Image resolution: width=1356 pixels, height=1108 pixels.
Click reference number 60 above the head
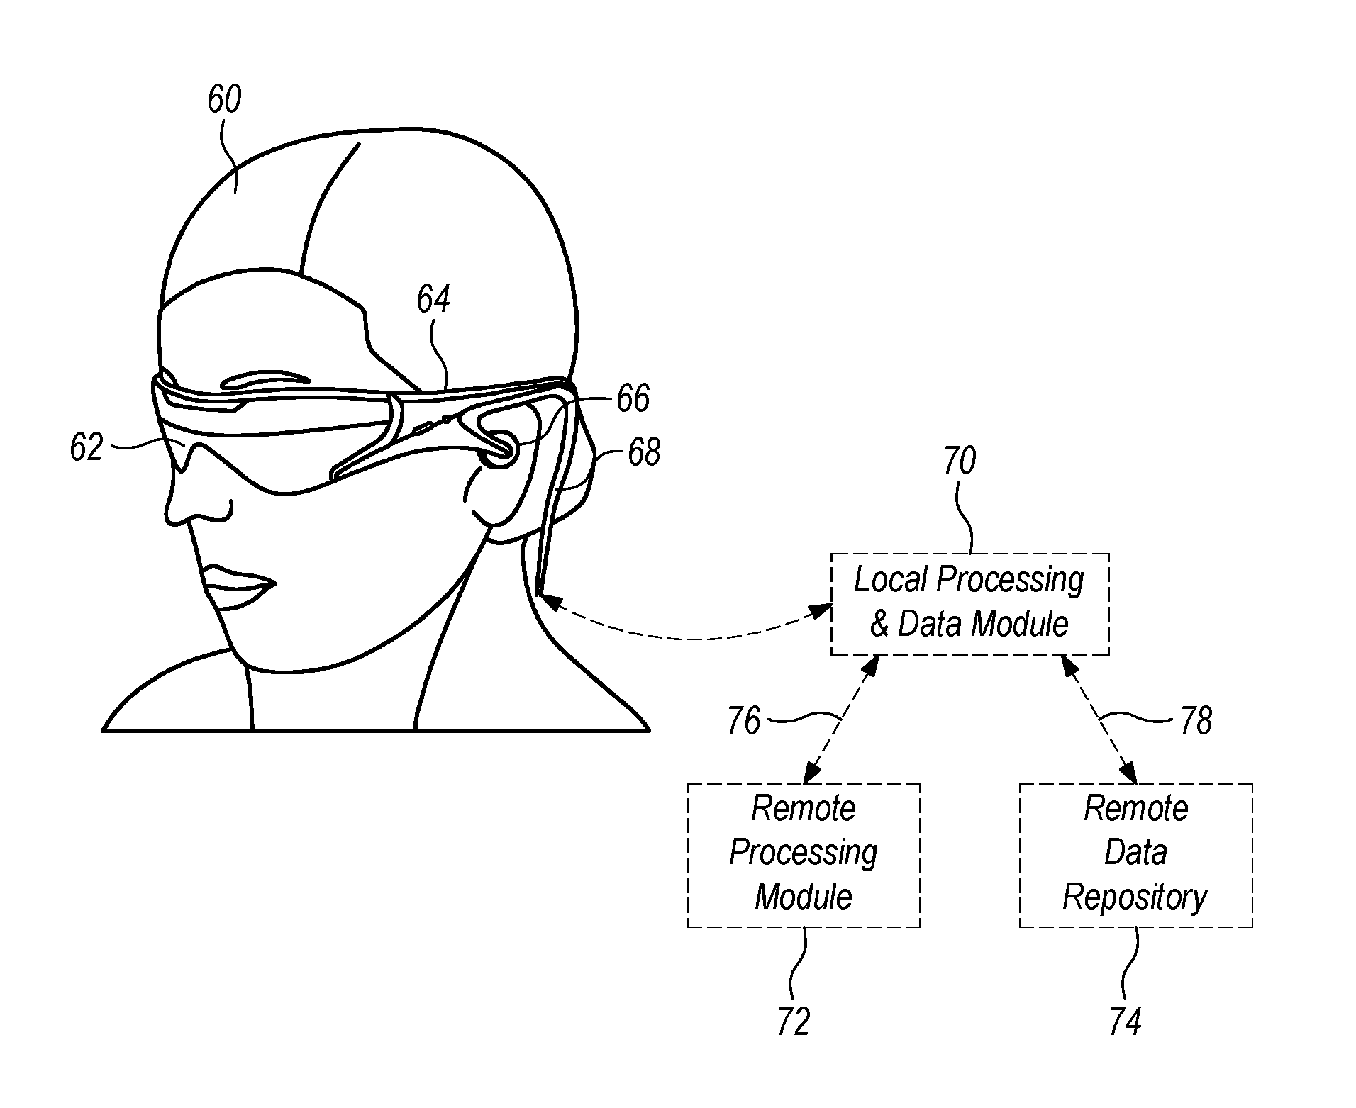(224, 100)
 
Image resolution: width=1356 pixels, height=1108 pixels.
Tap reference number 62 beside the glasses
(87, 448)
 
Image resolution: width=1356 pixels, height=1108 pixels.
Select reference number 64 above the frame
(433, 299)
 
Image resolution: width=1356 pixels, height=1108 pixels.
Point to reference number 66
(633, 398)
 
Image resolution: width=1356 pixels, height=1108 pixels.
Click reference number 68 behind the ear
(644, 452)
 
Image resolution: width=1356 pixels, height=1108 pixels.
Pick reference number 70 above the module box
(960, 461)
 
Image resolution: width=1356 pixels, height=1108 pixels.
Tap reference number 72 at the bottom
(793, 1022)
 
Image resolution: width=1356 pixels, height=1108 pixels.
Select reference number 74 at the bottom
(1126, 1022)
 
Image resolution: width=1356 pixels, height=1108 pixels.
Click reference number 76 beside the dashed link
(743, 722)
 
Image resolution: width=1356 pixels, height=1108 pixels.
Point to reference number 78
(1196, 722)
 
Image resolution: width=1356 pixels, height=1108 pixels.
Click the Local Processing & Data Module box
(969, 604)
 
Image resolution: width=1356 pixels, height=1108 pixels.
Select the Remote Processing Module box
(804, 854)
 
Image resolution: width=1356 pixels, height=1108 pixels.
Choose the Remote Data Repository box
(1135, 854)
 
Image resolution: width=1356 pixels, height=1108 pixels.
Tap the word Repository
(1135, 897)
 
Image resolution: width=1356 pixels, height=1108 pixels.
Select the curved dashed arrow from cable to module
(688, 637)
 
